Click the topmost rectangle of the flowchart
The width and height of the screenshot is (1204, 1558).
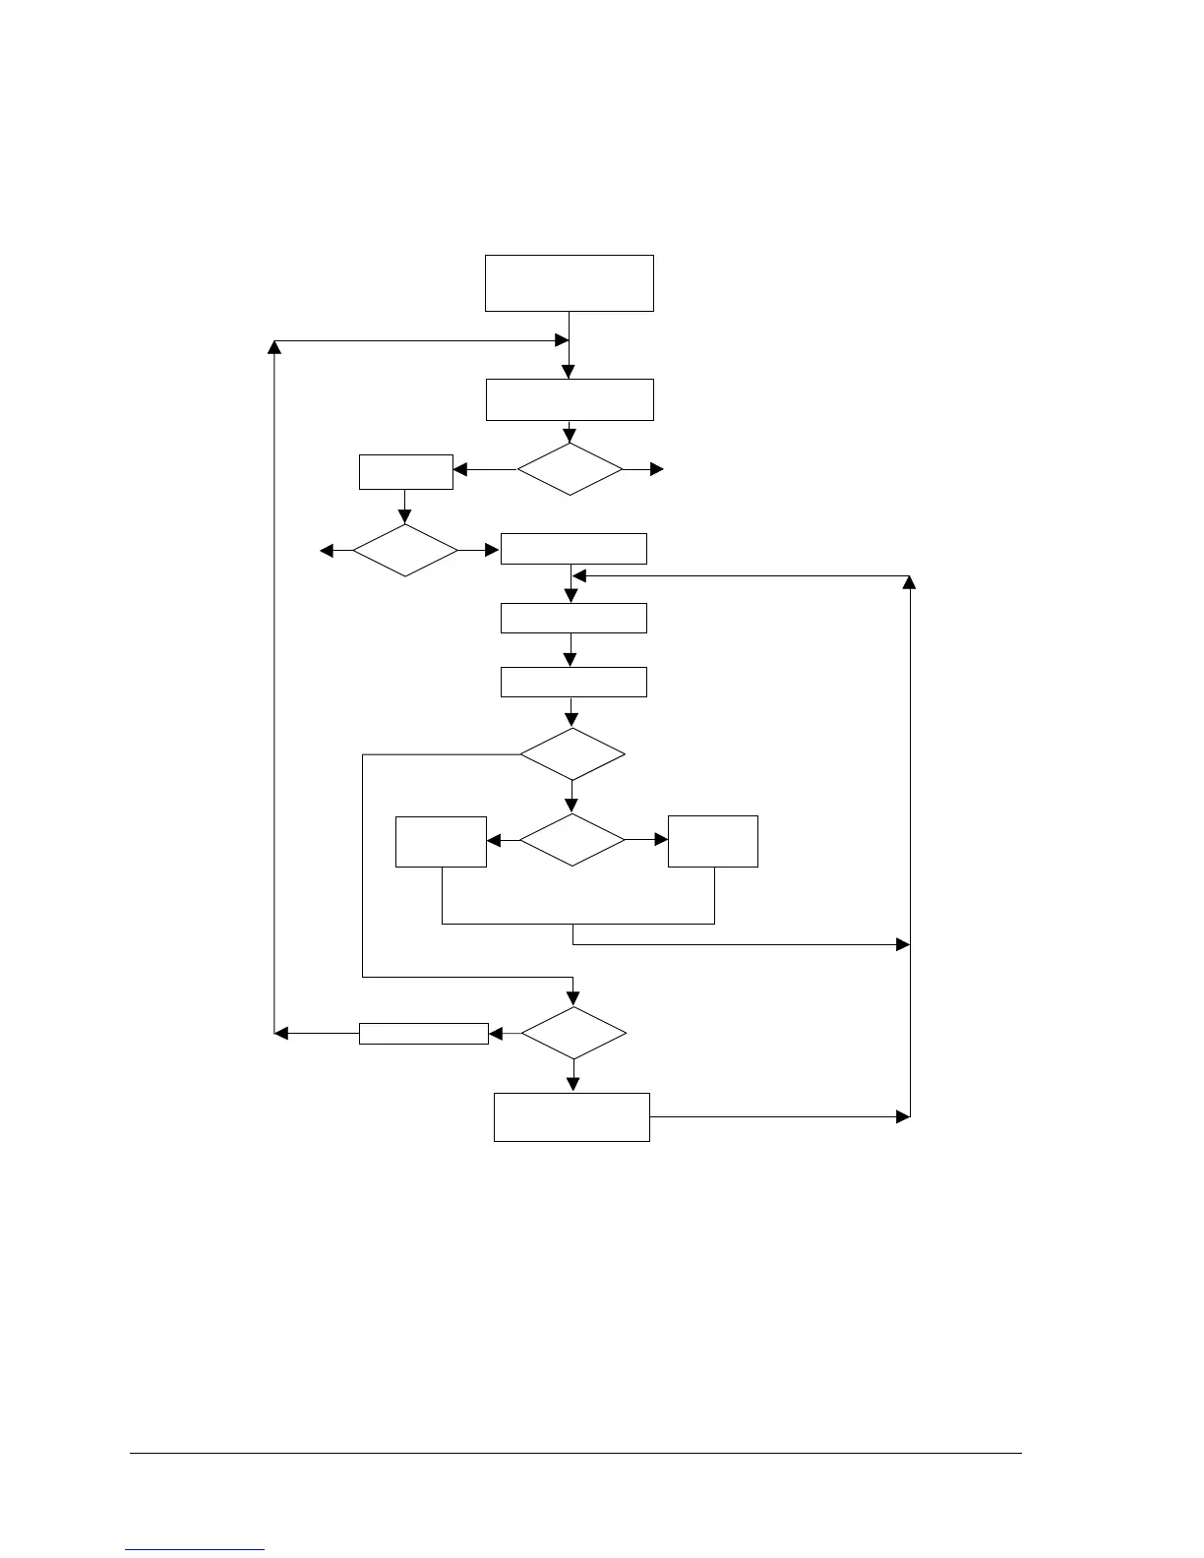569,283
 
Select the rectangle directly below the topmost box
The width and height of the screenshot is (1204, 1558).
569,399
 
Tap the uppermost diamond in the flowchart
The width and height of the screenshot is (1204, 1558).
570,470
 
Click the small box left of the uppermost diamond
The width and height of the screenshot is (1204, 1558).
405,472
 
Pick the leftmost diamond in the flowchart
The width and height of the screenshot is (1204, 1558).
405,551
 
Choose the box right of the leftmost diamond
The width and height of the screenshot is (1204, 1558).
573,549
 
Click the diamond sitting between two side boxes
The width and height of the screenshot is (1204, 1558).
572,841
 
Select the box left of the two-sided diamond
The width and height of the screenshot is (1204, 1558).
441,842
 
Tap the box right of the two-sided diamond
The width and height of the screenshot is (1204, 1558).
712,842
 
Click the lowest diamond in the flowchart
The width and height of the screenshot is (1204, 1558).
572,1034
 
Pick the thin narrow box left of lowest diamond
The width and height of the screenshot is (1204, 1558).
423,1034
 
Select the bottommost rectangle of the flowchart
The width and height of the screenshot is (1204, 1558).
571,1117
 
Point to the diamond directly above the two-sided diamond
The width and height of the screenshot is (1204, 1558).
572,755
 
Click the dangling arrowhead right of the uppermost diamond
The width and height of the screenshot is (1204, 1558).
658,470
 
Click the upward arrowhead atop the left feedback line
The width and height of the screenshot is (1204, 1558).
274,348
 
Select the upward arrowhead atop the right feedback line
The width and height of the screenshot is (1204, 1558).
910,583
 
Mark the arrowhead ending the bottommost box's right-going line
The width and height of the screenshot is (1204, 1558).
903,1117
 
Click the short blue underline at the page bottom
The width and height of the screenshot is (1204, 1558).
196,1550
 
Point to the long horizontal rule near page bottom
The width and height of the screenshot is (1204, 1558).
576,1454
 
